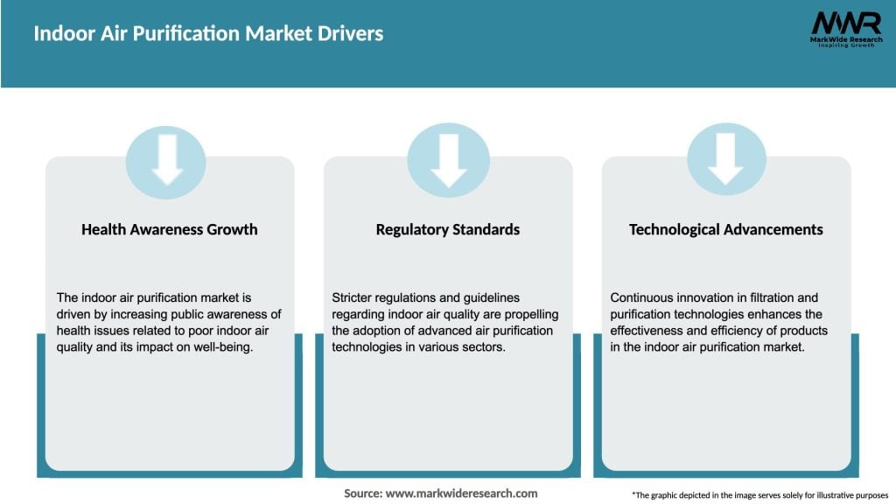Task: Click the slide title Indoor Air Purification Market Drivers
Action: (208, 34)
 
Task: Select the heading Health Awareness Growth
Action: (170, 229)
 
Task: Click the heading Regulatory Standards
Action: (448, 229)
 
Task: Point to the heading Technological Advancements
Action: (725, 229)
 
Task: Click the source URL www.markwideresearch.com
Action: (461, 493)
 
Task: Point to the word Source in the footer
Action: (362, 493)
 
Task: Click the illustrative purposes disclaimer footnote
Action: (759, 495)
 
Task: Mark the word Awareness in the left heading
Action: (170, 229)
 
